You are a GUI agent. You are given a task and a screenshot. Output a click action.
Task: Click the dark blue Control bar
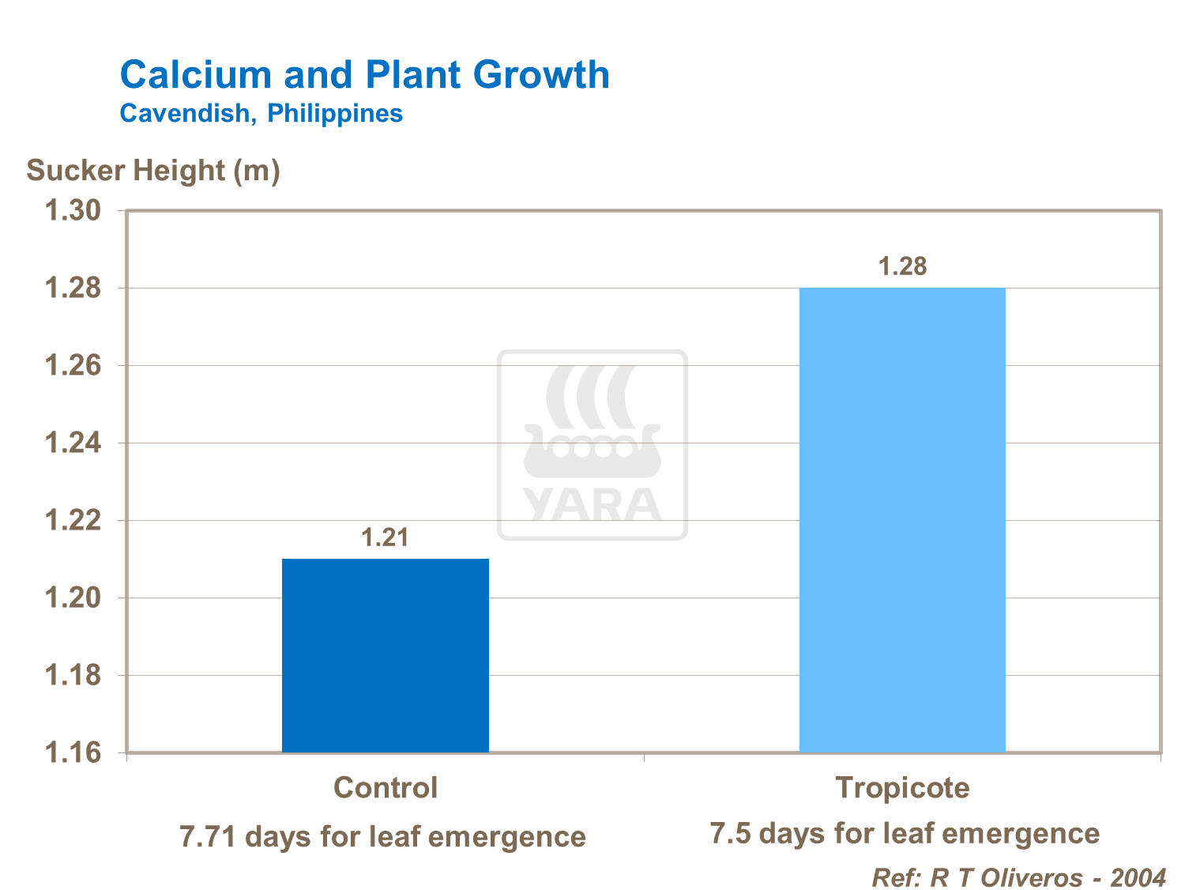(385, 655)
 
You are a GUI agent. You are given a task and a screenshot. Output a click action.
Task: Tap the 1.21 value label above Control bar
(385, 538)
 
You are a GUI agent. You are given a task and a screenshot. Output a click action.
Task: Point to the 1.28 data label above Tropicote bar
(902, 267)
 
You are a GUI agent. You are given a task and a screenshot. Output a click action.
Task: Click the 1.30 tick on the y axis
(73, 211)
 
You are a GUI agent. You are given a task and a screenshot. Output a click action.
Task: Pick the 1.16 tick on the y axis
(73, 752)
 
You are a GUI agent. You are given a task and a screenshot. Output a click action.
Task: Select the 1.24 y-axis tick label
(73, 443)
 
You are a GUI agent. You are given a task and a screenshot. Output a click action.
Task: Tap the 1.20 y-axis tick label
(73, 598)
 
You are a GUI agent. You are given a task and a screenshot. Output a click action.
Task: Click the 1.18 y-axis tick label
(73, 676)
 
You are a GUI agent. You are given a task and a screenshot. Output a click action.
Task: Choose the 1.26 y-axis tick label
(73, 366)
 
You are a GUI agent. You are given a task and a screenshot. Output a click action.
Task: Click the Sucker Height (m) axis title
(153, 171)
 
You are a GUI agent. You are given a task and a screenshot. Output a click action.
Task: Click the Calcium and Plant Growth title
(364, 76)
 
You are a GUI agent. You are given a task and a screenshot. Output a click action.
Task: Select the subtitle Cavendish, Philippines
(261, 114)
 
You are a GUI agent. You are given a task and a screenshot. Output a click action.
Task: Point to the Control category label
(385, 788)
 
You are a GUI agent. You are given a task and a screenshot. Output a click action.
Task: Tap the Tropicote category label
(902, 788)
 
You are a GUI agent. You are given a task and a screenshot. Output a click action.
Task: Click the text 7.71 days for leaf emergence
(383, 836)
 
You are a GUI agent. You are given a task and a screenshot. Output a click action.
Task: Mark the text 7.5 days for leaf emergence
(905, 834)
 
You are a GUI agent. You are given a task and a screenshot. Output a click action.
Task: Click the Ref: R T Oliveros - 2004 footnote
(1018, 877)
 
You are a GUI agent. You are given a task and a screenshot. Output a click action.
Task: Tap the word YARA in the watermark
(592, 506)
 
